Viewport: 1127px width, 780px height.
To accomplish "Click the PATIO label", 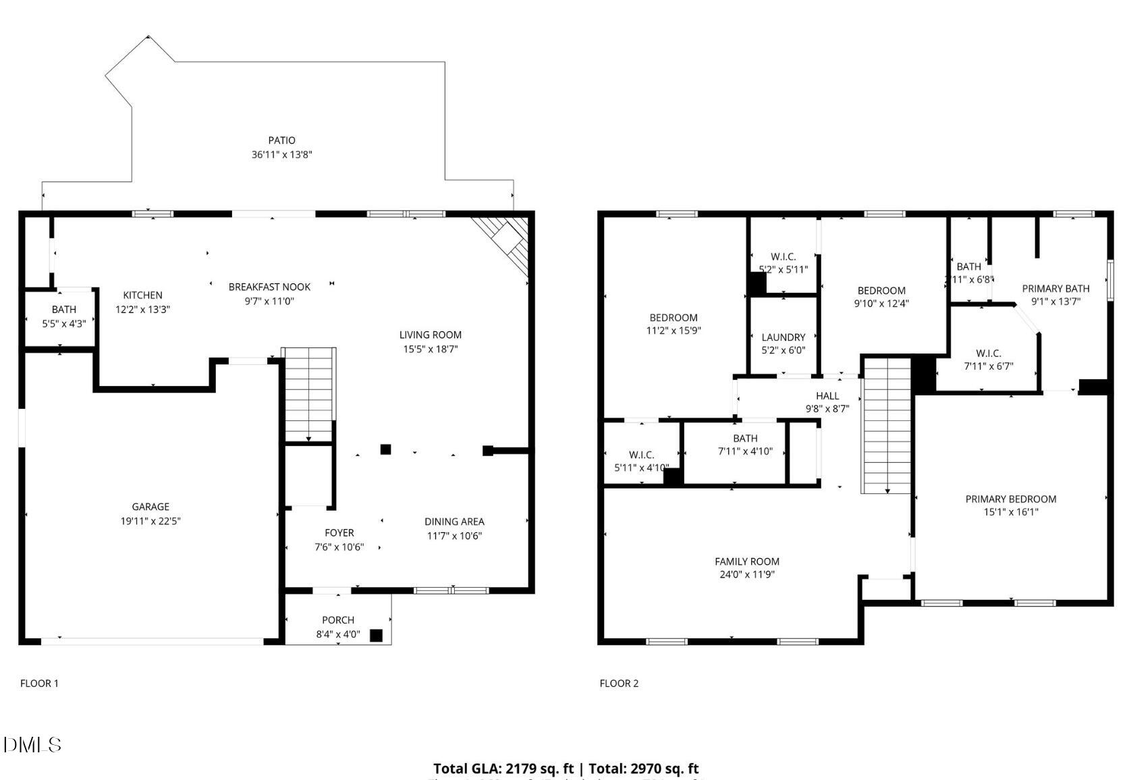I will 281,140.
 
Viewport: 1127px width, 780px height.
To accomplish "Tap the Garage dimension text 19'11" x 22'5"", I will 150,521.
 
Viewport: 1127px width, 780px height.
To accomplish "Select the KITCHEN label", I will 142,295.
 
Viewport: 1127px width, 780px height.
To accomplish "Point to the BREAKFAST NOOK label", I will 269,287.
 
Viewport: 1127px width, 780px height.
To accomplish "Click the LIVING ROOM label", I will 430,335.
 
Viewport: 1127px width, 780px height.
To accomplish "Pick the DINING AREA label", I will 454,522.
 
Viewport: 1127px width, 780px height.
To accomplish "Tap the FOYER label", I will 339,533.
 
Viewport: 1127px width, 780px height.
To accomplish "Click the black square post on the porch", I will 376,635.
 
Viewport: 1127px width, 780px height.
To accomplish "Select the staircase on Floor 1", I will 308,395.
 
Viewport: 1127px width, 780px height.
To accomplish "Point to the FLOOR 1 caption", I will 39,684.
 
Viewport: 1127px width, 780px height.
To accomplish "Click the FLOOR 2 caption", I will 619,684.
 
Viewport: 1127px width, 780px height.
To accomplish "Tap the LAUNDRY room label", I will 783,337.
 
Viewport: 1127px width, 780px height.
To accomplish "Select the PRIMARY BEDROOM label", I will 1010,499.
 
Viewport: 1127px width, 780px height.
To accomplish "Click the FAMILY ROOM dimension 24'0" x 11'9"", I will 746,575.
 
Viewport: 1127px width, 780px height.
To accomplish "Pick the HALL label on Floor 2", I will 827,396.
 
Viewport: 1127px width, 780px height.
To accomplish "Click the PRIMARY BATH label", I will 1055,288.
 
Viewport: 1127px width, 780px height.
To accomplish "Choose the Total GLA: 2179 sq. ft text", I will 503,769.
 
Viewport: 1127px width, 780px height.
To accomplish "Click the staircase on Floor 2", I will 887,425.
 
